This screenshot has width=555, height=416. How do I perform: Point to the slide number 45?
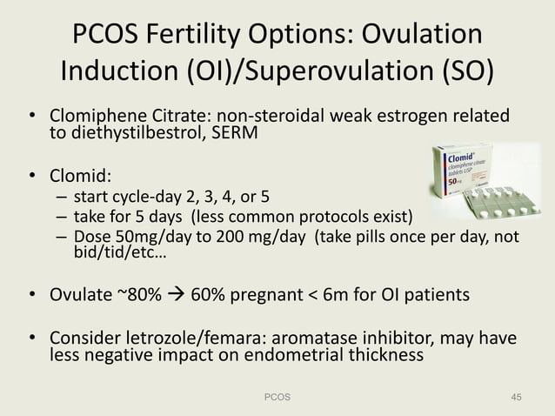click(x=516, y=397)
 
